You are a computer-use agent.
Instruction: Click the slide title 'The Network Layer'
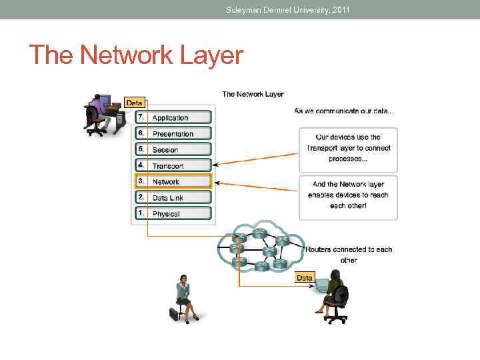point(137,55)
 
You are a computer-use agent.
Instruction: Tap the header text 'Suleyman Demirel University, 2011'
point(287,9)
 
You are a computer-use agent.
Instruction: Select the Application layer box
point(173,117)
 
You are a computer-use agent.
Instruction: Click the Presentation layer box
point(173,133)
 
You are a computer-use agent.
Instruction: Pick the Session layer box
point(173,149)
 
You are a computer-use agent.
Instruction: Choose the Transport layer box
point(173,165)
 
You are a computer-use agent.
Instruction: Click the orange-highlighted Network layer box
point(173,181)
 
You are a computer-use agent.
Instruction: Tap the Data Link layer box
point(173,197)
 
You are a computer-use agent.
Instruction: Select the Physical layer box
point(173,213)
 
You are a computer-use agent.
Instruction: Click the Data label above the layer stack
point(135,103)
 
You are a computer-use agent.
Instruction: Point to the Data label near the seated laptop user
point(305,277)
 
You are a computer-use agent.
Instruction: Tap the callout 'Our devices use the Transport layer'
point(348,148)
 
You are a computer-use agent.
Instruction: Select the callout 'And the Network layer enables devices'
point(348,195)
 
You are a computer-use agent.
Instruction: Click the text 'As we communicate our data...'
point(344,111)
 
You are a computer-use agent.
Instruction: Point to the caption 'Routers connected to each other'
point(349,255)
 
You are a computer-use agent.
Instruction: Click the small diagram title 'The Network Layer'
point(253,94)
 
